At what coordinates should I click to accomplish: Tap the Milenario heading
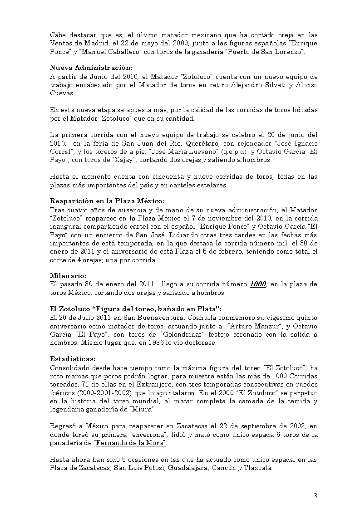pos(68,275)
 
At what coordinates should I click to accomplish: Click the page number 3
pos(315,495)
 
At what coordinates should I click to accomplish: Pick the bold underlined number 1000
pos(258,284)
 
